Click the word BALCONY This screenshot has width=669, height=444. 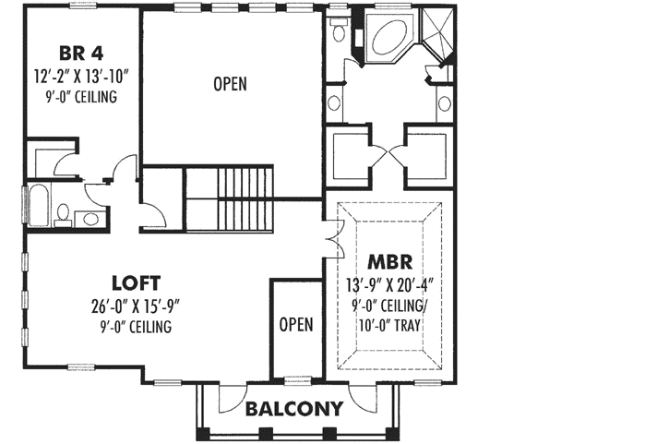(293, 408)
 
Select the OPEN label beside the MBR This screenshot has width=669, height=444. (296, 324)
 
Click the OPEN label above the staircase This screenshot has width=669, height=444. (230, 84)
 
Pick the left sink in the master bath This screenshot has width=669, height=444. (334, 102)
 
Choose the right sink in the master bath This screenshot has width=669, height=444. (446, 102)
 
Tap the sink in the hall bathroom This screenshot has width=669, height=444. (90, 219)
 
